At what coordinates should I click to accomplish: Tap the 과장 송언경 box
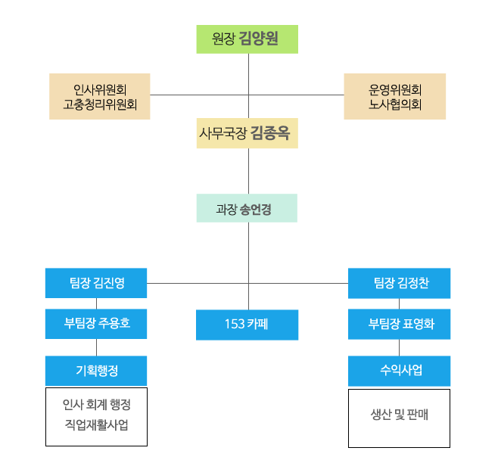247,208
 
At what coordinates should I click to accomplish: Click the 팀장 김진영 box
96,283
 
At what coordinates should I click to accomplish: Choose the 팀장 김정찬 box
400,283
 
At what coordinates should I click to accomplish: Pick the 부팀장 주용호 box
96,323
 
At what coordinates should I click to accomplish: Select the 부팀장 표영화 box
400,324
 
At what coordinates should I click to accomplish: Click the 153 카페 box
247,325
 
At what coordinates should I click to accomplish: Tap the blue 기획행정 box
96,370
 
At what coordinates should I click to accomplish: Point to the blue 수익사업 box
400,371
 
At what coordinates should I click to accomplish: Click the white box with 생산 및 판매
399,418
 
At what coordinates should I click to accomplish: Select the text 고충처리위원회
100,104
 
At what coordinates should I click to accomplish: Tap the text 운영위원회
394,89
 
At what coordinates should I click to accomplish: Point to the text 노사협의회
394,104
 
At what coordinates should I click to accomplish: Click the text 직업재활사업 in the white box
96,425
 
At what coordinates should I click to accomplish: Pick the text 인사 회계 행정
96,406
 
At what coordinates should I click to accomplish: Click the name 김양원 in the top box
259,39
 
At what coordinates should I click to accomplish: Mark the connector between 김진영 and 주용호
96,303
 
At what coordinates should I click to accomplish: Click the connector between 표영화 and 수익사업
400,347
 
